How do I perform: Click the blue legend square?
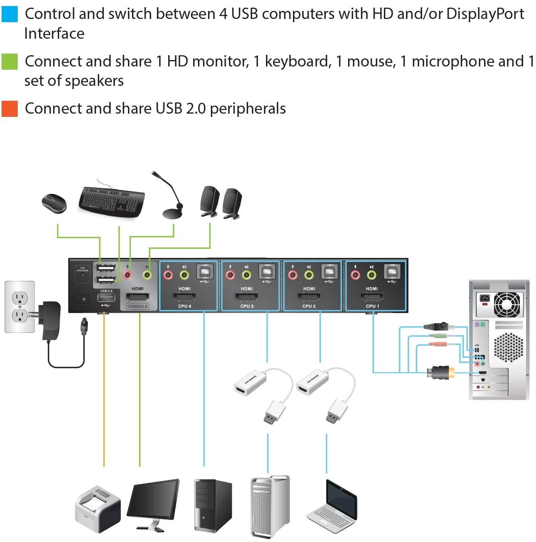pos(9,14)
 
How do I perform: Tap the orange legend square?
pos(9,109)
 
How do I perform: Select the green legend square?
pos(9,62)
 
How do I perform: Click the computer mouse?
pos(54,202)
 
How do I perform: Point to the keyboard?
pos(112,202)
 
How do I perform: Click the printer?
pos(98,509)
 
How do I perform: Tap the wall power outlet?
pos(19,307)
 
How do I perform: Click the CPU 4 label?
pos(185,306)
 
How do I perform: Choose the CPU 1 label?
pos(372,306)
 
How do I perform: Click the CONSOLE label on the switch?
pos(138,306)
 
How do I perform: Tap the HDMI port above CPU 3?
pos(247,297)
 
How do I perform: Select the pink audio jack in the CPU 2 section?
pos(293,275)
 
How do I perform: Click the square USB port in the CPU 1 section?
pos(392,272)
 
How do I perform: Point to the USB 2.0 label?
pos(106,291)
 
